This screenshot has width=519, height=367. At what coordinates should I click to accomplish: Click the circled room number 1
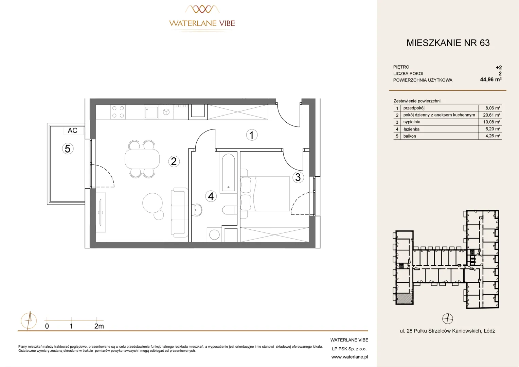point(252,135)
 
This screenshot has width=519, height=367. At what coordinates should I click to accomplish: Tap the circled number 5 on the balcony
point(68,148)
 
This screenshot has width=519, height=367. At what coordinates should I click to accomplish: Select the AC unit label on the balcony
point(73,130)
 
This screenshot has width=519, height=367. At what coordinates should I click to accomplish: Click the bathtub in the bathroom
point(229,173)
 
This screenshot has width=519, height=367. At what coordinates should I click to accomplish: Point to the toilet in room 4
point(230,210)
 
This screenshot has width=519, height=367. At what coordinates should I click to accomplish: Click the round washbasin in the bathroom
point(197,210)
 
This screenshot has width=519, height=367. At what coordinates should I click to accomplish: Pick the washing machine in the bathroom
point(214,234)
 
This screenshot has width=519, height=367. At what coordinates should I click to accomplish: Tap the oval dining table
point(142,159)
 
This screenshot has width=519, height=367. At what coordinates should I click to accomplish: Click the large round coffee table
point(153,203)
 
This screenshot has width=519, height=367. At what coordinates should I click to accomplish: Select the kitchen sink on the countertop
point(151,112)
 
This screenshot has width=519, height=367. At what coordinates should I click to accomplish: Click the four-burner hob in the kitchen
point(118,112)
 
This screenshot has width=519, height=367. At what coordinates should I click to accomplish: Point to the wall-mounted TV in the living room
point(101,212)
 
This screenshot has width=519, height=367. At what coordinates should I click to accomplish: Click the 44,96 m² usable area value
point(491,80)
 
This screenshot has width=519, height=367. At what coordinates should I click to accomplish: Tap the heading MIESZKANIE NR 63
point(448,43)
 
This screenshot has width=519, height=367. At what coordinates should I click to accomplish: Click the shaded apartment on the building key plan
point(404,298)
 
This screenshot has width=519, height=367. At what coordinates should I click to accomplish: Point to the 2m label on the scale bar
point(99,326)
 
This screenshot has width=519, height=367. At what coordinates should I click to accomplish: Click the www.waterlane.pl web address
point(350,357)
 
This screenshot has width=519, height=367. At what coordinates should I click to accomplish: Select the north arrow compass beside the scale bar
point(29,321)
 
